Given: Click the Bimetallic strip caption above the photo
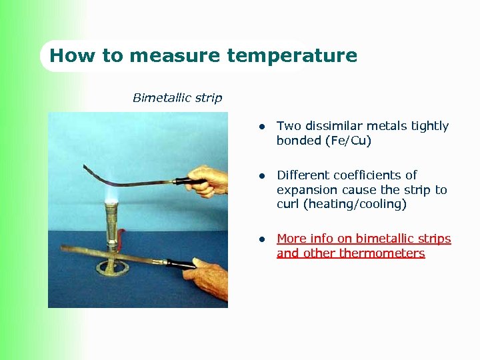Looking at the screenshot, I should click(177, 98).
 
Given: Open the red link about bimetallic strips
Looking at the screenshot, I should click(363, 239).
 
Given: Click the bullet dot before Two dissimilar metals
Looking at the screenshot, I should click(263, 127).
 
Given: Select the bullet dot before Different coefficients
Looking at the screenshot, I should click(263, 176).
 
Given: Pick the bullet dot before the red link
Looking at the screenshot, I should click(263, 239).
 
